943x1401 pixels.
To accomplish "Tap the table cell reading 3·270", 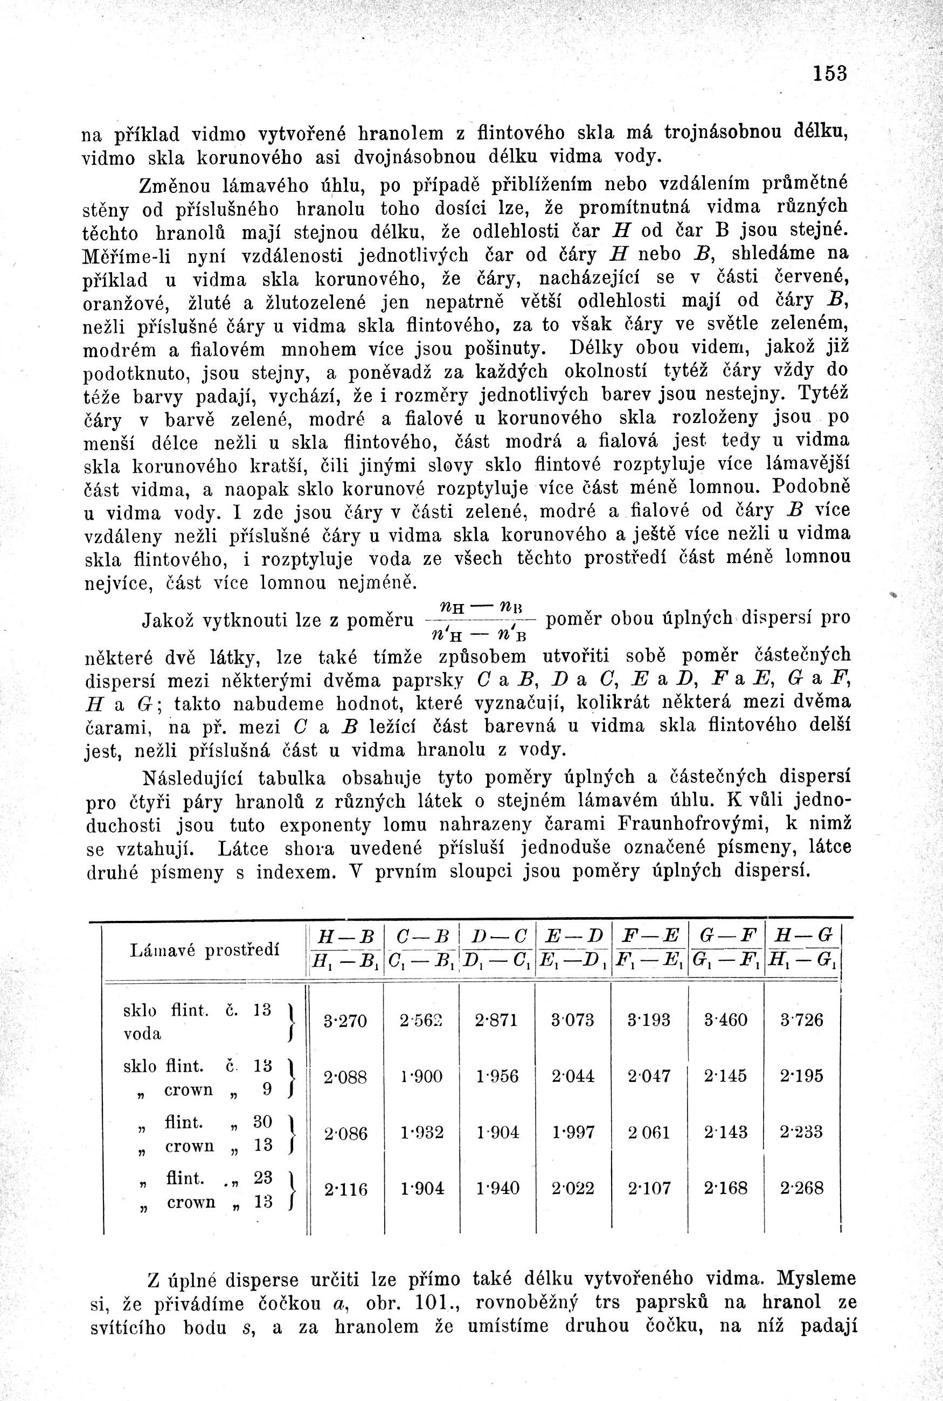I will (x=345, y=1021).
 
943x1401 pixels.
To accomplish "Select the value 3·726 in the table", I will (x=801, y=1020).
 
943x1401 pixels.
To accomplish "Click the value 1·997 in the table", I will (x=572, y=1132).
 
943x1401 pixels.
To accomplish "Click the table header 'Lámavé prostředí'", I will (x=205, y=951).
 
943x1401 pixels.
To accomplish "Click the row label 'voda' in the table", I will (x=143, y=1034).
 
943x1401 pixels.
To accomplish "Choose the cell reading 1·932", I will (x=421, y=1132).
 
